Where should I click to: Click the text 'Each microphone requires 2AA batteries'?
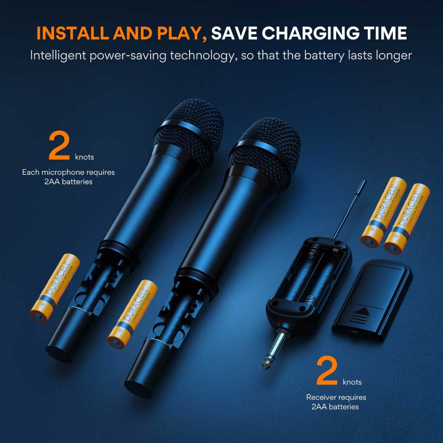[x=68, y=177]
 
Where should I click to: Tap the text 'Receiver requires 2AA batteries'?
[x=336, y=402]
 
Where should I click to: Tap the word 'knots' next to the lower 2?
[x=352, y=382]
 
